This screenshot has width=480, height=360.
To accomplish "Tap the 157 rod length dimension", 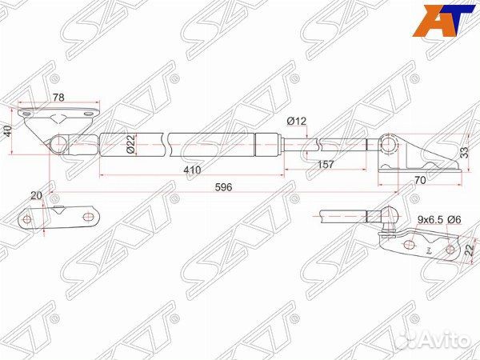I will coord(326,165).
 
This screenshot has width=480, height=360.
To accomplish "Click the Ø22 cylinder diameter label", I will coord(130,145).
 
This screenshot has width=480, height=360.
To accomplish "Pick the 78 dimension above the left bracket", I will coord(58,98).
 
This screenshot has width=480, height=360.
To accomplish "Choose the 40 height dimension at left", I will coord(8,130).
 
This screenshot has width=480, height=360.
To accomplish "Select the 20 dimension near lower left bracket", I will coord(36,195).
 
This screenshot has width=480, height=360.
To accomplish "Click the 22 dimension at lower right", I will coord(469,251).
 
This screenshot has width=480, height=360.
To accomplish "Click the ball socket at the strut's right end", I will coord(390,144).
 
